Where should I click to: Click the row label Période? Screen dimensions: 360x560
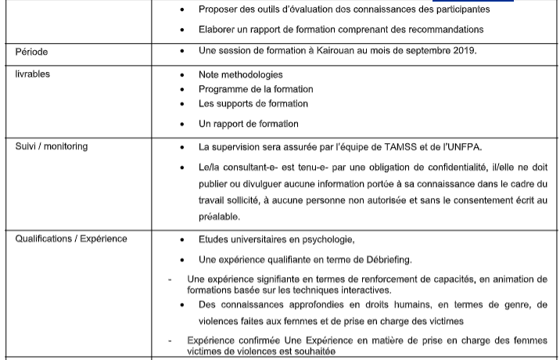pos(31,52)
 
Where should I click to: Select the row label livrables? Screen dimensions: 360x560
pos(32,74)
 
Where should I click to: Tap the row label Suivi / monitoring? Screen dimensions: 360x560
pos(52,146)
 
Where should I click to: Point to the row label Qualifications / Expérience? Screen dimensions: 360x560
pos(71,239)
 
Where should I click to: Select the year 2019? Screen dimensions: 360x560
pos(462,51)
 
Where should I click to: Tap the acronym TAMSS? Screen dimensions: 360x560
pos(394,146)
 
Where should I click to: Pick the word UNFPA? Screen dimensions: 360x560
pos(459,146)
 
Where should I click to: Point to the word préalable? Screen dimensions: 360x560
pos(219,217)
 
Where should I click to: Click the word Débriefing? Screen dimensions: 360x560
pos(382,259)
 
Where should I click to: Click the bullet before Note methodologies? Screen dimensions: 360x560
pos(182,75)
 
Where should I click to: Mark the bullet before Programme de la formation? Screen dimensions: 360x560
pos(182,89)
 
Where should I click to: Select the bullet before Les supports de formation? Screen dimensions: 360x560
pos(182,103)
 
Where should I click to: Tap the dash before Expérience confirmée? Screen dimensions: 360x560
pos(171,340)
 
